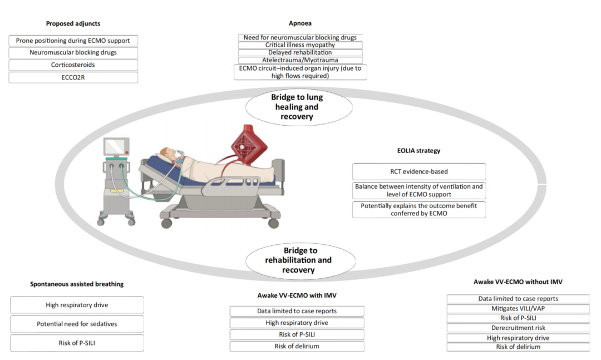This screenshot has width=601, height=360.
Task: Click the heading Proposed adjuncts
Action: click(x=73, y=23)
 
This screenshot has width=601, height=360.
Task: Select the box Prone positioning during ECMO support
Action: click(x=73, y=41)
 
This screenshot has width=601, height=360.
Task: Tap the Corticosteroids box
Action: click(x=73, y=65)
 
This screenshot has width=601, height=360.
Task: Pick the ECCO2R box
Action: click(x=73, y=77)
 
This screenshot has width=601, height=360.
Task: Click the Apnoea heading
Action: click(x=300, y=23)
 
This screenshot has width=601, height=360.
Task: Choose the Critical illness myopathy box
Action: click(x=300, y=45)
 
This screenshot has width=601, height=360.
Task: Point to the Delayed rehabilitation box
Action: click(x=300, y=52)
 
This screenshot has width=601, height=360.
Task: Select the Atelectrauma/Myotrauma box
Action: click(x=300, y=60)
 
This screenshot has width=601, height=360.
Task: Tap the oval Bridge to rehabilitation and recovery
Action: click(x=299, y=260)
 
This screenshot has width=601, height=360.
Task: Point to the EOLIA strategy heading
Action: click(x=418, y=150)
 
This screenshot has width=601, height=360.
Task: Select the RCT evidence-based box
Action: click(x=418, y=171)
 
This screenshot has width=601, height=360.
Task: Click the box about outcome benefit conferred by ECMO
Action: click(x=418, y=209)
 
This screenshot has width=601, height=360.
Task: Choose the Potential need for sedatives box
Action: click(x=77, y=324)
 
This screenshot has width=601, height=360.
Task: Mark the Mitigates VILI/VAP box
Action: click(x=518, y=309)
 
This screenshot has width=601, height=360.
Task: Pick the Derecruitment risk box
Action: click(x=518, y=328)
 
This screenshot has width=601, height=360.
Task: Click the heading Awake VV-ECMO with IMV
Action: click(x=297, y=295)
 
